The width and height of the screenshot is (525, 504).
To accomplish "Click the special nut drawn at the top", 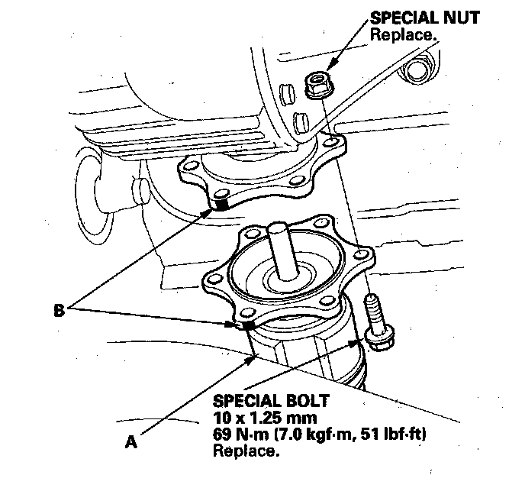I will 317,84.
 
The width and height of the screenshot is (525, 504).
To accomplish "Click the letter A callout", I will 131,441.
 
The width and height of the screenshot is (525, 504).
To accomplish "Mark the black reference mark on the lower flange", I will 246,326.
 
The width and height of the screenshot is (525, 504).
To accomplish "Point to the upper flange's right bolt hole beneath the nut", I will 329,142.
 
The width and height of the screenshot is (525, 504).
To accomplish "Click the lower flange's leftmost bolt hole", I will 209,280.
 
